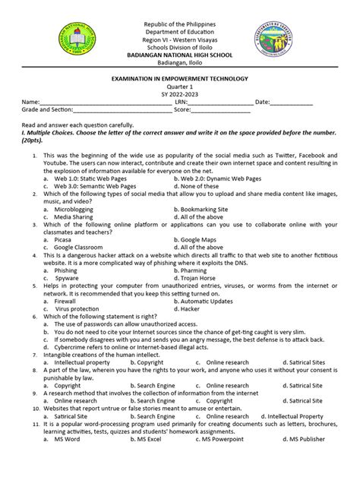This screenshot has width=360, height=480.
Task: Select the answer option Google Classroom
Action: click(84, 247)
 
